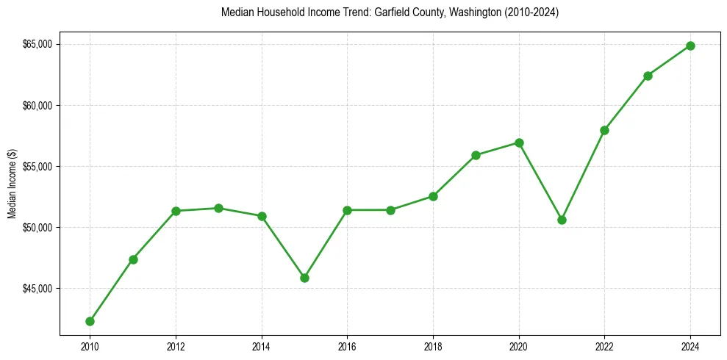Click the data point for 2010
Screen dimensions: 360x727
pyautogui.click(x=90, y=321)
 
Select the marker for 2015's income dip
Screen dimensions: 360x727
pyautogui.click(x=304, y=278)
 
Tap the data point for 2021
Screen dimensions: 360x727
pyautogui.click(x=562, y=220)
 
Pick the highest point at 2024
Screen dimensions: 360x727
pyautogui.click(x=690, y=46)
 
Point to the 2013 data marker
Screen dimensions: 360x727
pyautogui.click(x=218, y=208)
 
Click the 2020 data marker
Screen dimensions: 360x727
pyautogui.click(x=519, y=143)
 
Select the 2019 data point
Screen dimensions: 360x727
pyautogui.click(x=476, y=155)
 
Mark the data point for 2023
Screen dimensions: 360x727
pyautogui.click(x=648, y=76)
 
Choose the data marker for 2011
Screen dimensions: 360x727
pyautogui.click(x=133, y=259)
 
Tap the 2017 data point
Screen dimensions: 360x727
pyautogui.click(x=390, y=210)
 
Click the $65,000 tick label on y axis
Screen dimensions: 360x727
pyautogui.click(x=36, y=44)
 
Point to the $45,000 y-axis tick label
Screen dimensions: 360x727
pyautogui.click(x=36, y=288)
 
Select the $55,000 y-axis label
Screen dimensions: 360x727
pyautogui.click(x=36, y=166)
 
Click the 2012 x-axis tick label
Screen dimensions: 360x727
pyautogui.click(x=176, y=346)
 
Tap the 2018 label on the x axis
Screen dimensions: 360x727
pyautogui.click(x=433, y=346)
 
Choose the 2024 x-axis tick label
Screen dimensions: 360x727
pyautogui.click(x=690, y=346)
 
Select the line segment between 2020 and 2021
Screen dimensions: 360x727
pyautogui.click(x=540, y=181)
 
